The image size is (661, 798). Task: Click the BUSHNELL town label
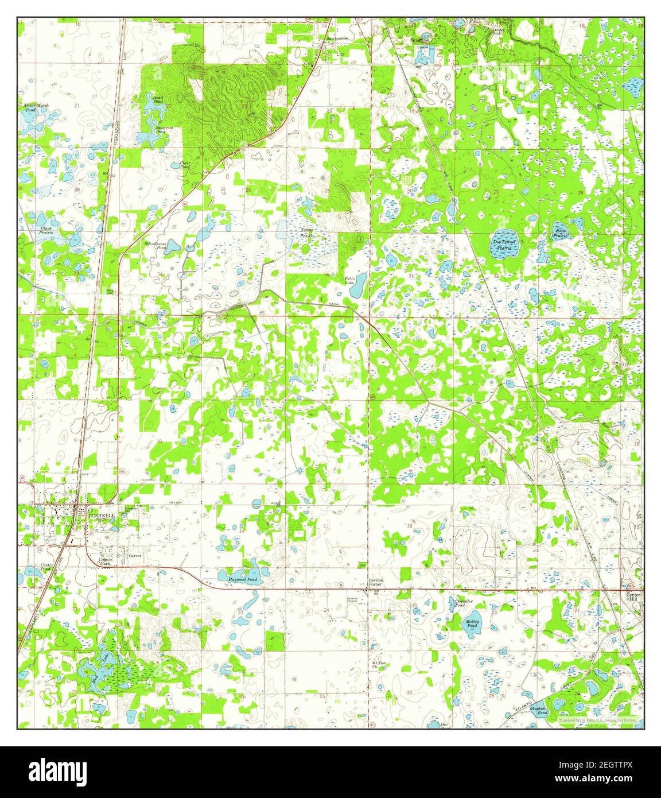[x=102, y=516]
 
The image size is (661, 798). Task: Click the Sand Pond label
[x=157, y=99]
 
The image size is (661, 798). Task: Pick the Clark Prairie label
[x=46, y=231]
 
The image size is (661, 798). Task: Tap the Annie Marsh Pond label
[x=33, y=107]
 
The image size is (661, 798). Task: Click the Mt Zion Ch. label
[x=377, y=664]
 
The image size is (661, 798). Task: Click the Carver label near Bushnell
[x=135, y=556]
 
